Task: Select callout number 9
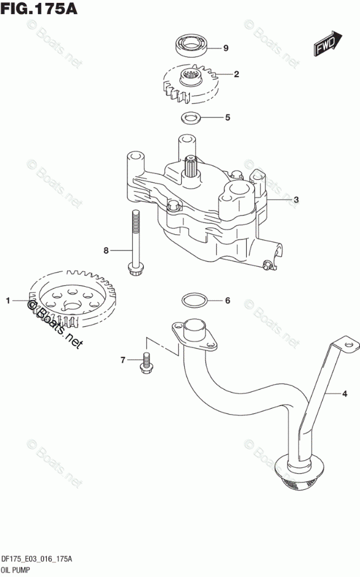click(x=226, y=48)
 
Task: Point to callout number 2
click(x=236, y=74)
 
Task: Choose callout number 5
click(x=227, y=117)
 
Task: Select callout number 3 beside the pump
click(x=296, y=200)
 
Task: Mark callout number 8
click(x=106, y=251)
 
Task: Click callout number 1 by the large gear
click(x=8, y=301)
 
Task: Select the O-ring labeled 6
click(x=192, y=301)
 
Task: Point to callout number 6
click(x=227, y=301)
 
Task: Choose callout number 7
click(x=123, y=360)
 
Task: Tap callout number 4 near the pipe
click(x=344, y=394)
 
